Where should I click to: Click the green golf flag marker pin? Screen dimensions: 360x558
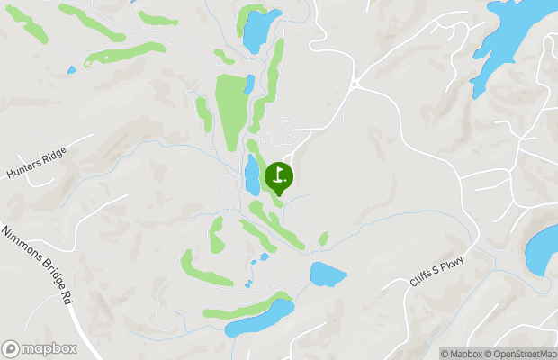click(x=278, y=177)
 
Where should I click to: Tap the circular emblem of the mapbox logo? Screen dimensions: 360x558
click(x=11, y=348)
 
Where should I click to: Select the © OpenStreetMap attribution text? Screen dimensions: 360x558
click(x=520, y=354)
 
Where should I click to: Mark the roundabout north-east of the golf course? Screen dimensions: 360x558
click(x=355, y=84)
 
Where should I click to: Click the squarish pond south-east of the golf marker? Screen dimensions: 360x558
click(x=328, y=274)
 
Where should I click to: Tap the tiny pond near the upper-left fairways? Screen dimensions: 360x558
click(x=72, y=69)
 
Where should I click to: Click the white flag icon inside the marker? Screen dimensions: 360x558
click(x=279, y=174)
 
